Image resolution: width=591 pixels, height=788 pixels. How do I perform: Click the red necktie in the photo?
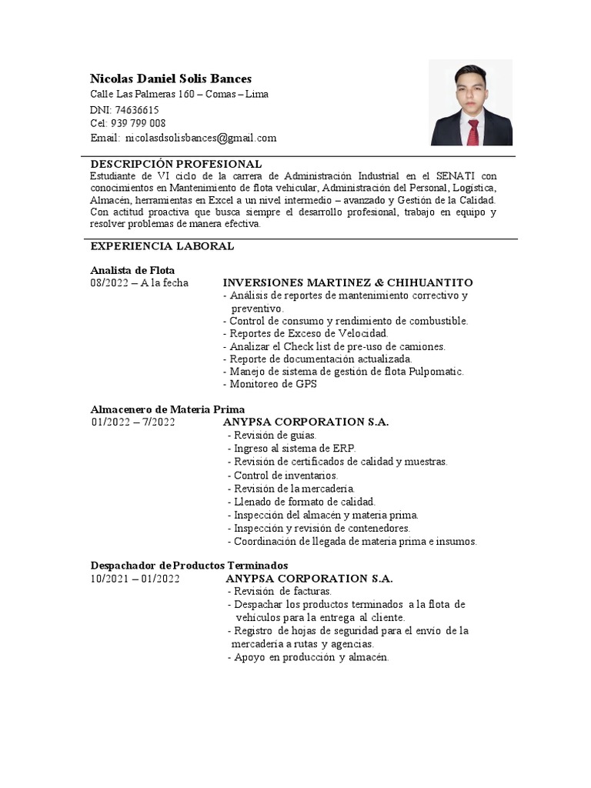pyautogui.click(x=473, y=132)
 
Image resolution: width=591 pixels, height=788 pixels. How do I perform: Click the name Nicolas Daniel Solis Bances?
pyautogui.click(x=171, y=78)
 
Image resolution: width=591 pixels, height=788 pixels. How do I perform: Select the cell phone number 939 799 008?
pyautogui.click(x=139, y=124)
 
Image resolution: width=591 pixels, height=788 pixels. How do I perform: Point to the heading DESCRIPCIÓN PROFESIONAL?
pyautogui.click(x=176, y=165)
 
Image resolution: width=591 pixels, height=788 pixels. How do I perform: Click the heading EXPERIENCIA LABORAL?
pyautogui.click(x=162, y=246)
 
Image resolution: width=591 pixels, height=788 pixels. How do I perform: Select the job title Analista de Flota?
pyautogui.click(x=132, y=270)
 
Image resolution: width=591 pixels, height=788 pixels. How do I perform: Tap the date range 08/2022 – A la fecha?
pyautogui.click(x=139, y=283)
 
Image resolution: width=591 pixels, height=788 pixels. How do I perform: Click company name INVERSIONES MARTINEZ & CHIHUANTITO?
pyautogui.click(x=348, y=283)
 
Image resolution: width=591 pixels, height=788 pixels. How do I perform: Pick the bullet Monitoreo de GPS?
pyautogui.click(x=269, y=384)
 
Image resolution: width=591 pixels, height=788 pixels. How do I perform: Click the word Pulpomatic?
pyautogui.click(x=436, y=372)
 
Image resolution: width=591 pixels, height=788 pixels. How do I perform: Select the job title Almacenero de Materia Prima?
pyautogui.click(x=168, y=409)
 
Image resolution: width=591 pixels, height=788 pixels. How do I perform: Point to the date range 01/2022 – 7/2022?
pyautogui.click(x=133, y=422)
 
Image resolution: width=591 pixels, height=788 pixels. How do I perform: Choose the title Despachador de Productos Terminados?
pyautogui.click(x=189, y=566)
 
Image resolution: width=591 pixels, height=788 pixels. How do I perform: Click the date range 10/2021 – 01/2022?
pyautogui.click(x=135, y=579)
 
